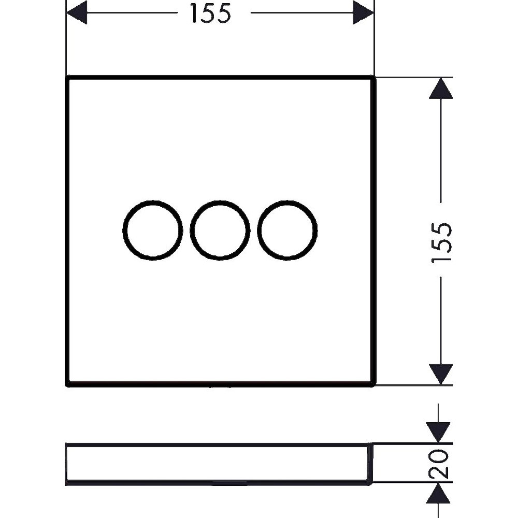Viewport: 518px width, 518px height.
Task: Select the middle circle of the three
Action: [x=190, y=231]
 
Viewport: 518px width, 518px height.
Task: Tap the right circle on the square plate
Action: [x=257, y=231]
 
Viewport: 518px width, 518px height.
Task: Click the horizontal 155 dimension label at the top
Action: [x=211, y=14]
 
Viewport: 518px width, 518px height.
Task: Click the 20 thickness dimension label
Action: [x=439, y=464]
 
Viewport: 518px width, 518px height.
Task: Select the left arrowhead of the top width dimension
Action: [x=77, y=12]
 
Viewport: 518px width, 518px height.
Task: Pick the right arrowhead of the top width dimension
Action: [x=363, y=12]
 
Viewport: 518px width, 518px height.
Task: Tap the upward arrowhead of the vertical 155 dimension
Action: [x=441, y=88]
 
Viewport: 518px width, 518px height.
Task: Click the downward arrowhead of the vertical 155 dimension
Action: [x=441, y=375]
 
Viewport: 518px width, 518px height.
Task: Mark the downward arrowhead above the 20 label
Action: [x=438, y=433]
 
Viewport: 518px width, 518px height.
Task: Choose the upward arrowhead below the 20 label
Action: [x=438, y=494]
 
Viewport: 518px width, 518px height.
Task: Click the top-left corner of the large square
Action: [x=67, y=77]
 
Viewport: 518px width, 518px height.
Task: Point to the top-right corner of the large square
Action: [x=375, y=77]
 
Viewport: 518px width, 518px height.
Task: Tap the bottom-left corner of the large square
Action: [x=67, y=385]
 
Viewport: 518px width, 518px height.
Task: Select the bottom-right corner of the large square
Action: [x=375, y=385]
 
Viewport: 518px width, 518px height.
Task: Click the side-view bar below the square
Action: [x=219, y=445]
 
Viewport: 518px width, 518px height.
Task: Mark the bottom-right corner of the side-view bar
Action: [x=372, y=485]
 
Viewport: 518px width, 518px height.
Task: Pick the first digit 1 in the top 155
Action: [x=195, y=14]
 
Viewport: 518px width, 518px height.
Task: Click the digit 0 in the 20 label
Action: [x=439, y=457]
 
